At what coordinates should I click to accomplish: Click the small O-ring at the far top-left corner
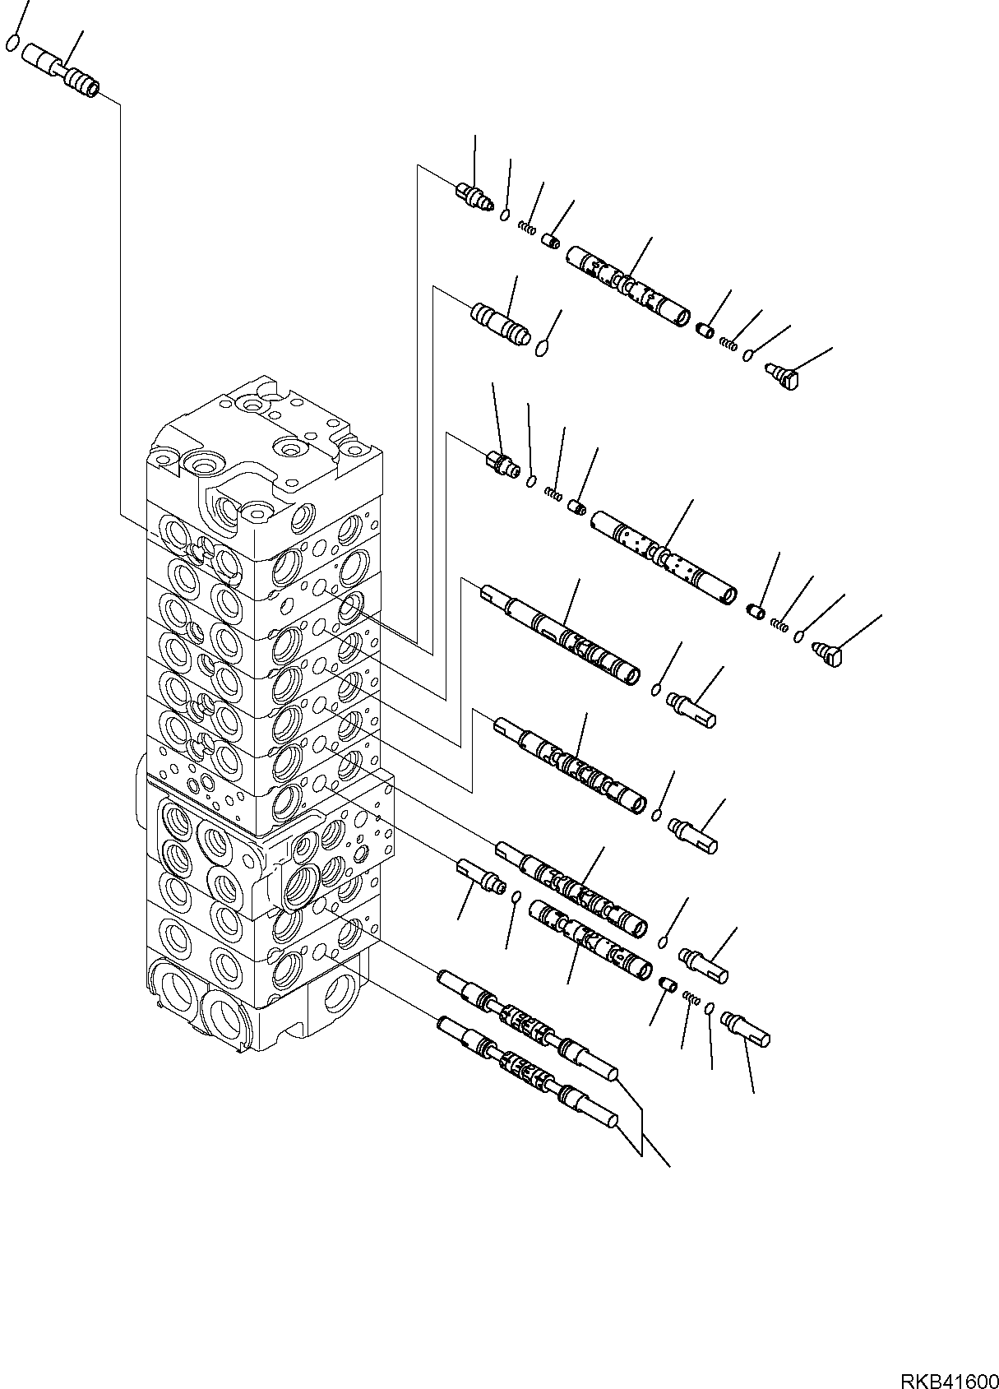[12, 43]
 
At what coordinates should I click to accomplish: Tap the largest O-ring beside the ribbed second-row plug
[541, 350]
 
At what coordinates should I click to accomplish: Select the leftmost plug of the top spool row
[470, 195]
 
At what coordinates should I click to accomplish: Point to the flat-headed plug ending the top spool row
[782, 377]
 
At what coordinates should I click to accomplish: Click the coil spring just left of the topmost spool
[526, 227]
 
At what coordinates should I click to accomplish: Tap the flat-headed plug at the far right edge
[828, 655]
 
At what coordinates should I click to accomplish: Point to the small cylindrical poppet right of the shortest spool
[668, 984]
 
